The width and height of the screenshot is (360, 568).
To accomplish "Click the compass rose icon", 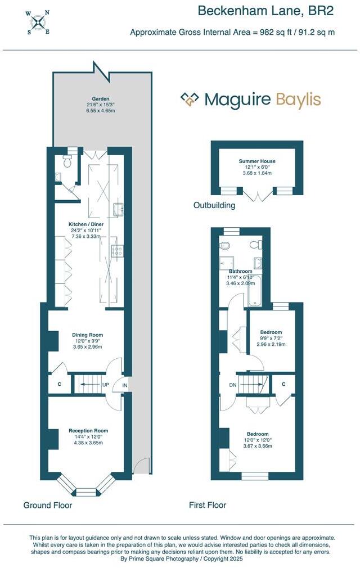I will coord(39,22).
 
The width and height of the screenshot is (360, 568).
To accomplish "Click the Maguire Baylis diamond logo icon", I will coord(190,100).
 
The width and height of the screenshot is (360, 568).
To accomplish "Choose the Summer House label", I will coord(256,161).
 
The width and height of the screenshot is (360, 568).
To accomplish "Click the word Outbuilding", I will coord(214,205).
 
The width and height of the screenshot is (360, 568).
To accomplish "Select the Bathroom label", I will coord(240,271).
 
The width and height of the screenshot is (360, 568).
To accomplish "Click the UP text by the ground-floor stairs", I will coord(105,385).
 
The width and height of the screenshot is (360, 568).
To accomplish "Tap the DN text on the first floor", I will coord(232,385).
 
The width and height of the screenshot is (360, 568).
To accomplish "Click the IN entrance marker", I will coord(124,385).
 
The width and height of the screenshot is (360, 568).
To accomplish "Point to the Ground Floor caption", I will coord(48,505).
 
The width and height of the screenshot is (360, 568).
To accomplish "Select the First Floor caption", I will coord(208,505).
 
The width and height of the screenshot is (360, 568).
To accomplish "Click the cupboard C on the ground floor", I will coord(59,385).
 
